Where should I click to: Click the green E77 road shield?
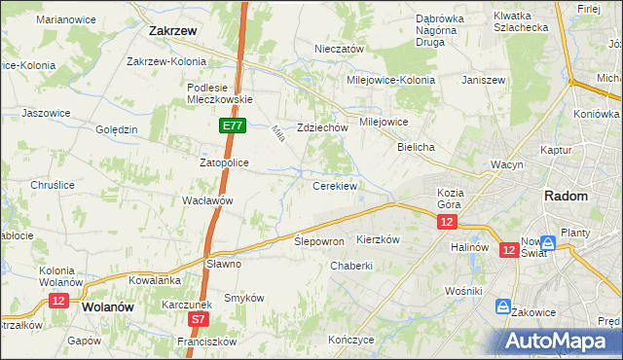[x=233, y=126]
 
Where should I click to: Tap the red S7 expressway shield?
[x=198, y=318]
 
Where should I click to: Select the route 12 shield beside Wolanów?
[x=58, y=302]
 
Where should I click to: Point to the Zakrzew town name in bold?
[x=173, y=30]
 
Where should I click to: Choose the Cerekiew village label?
[x=335, y=185]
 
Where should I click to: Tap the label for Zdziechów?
[x=323, y=127]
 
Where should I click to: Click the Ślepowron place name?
[x=319, y=240]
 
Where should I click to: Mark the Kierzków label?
[x=379, y=239]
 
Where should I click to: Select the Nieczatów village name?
[x=339, y=48]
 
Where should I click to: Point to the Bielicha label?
[x=416, y=146]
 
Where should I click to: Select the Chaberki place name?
[x=351, y=266]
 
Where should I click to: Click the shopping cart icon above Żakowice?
[x=503, y=306]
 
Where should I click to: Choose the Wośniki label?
[x=462, y=291]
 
